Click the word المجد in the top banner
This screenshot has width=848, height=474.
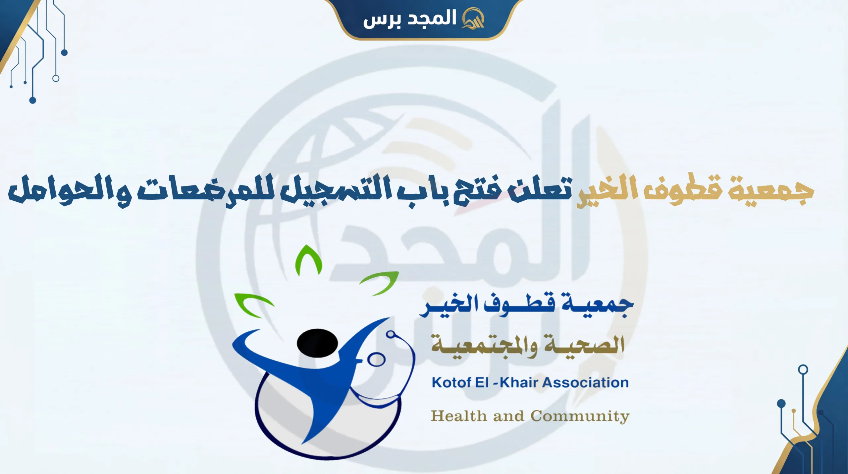pos(432,18)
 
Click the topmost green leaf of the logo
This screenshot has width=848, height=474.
pos(308,260)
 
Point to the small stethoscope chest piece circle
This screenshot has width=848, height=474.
pos(376,360)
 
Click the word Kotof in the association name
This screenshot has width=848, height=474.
pos(452,383)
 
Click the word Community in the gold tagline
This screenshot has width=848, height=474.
pos(580,416)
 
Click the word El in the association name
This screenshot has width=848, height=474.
pos(482,383)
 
